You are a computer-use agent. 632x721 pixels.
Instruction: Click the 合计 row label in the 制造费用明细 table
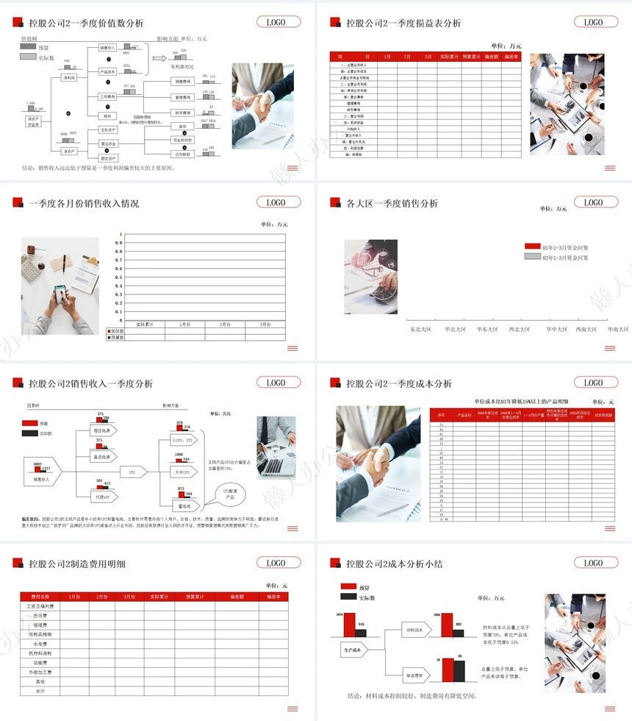pyautogui.click(x=40, y=691)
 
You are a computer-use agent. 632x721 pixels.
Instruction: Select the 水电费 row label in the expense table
pyautogui.click(x=40, y=643)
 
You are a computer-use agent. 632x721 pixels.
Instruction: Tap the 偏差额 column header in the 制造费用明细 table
pyautogui.click(x=237, y=596)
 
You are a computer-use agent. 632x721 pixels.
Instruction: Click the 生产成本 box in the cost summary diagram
pyautogui.click(x=354, y=650)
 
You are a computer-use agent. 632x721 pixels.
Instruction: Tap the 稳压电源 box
pyautogui.click(x=101, y=430)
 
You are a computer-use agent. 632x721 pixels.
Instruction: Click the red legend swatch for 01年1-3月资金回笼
pyautogui.click(x=532, y=247)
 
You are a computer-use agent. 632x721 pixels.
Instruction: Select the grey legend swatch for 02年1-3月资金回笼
pyautogui.click(x=532, y=257)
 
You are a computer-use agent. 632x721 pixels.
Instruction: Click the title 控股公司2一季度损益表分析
pyautogui.click(x=403, y=23)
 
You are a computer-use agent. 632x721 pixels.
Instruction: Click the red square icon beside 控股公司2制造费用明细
pyautogui.click(x=18, y=563)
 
